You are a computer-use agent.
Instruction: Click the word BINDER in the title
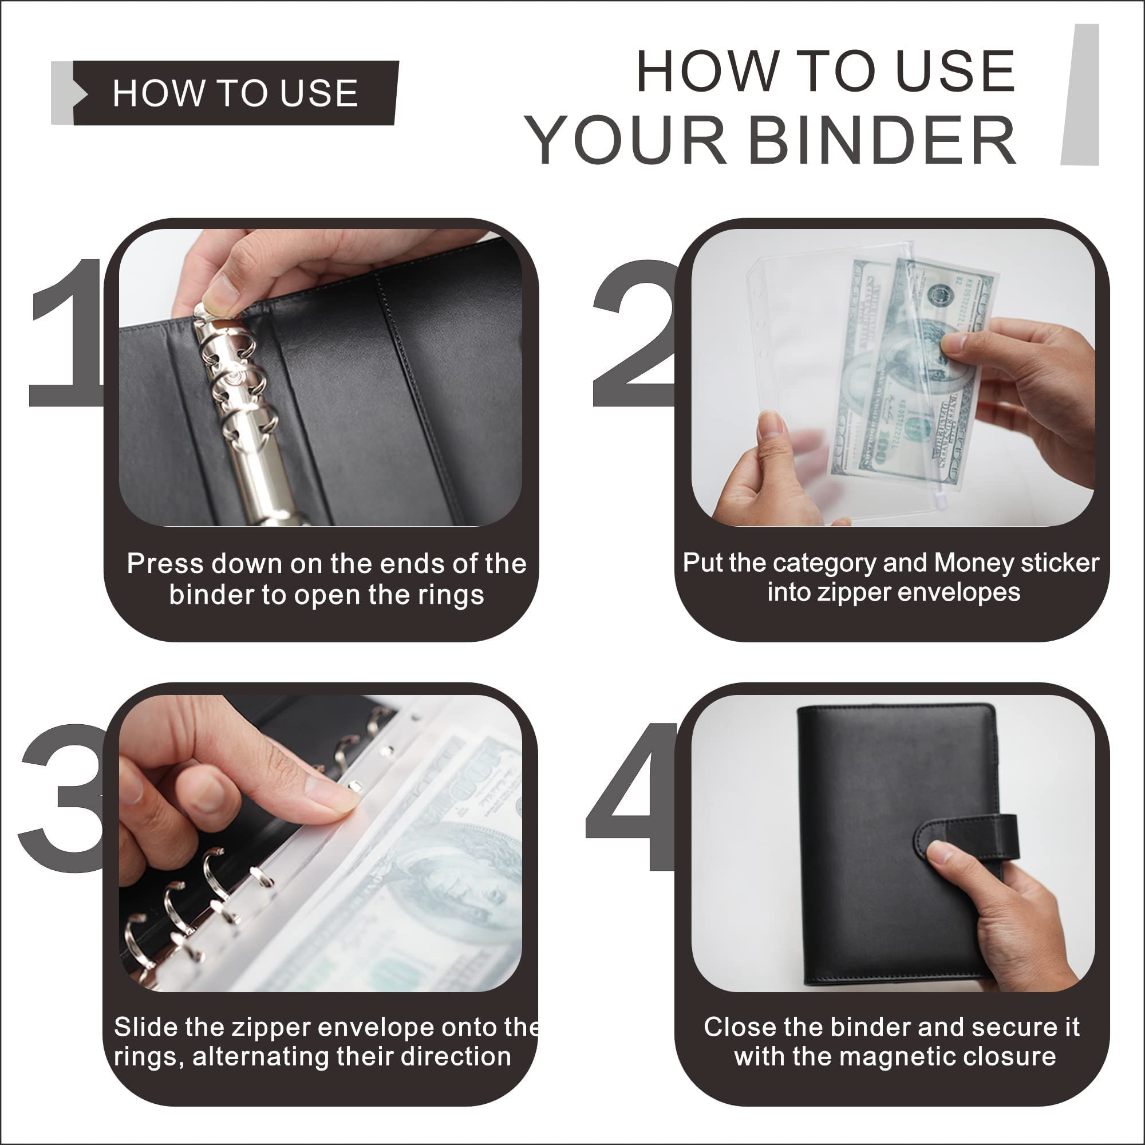pyautogui.click(x=883, y=141)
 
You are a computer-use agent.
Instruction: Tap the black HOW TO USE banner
pyautogui.click(x=235, y=93)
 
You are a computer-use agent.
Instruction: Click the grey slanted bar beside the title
pyautogui.click(x=1080, y=95)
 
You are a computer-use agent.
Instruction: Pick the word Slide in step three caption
pyautogui.click(x=145, y=1027)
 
